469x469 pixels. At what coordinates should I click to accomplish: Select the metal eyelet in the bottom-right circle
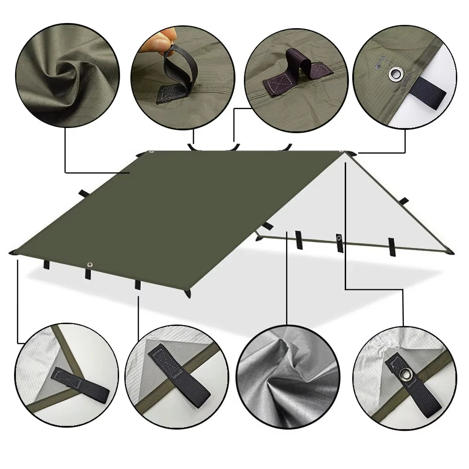click(x=405, y=374)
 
